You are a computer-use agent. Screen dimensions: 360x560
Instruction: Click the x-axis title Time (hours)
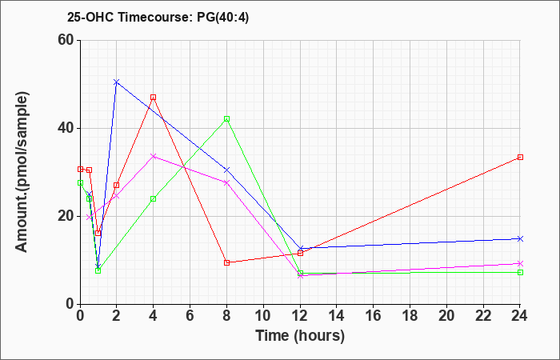point(299,335)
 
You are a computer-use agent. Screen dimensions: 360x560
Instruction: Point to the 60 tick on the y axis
point(65,41)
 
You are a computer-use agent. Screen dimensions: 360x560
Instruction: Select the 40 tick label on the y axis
point(65,128)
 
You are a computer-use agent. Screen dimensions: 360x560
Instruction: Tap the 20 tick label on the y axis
point(65,216)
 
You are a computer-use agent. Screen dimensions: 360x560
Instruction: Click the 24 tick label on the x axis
point(520,316)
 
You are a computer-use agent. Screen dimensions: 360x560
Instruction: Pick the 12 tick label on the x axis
point(300,316)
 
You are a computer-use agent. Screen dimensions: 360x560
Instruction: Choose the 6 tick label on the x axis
point(190,316)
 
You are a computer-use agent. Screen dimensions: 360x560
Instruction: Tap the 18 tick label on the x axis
point(410,316)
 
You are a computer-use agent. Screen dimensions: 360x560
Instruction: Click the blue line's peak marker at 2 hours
point(116,82)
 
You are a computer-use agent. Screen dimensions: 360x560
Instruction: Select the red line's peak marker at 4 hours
point(153,97)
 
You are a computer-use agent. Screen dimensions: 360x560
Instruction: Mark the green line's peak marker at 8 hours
point(226,118)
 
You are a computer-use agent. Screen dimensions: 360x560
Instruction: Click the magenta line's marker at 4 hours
point(153,156)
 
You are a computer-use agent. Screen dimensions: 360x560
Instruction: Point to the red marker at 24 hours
point(520,157)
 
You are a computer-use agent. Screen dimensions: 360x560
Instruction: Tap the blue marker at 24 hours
point(520,238)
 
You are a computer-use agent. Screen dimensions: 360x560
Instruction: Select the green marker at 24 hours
point(520,272)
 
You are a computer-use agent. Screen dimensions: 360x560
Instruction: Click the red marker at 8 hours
point(226,262)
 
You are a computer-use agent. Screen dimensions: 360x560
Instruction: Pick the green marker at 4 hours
point(153,198)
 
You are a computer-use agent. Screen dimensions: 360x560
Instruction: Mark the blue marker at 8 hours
point(226,170)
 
